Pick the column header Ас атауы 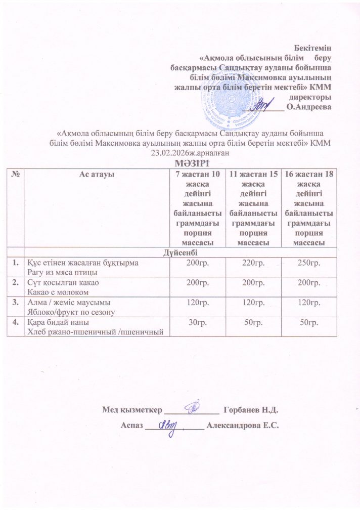[96, 174]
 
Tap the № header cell [17, 174]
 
